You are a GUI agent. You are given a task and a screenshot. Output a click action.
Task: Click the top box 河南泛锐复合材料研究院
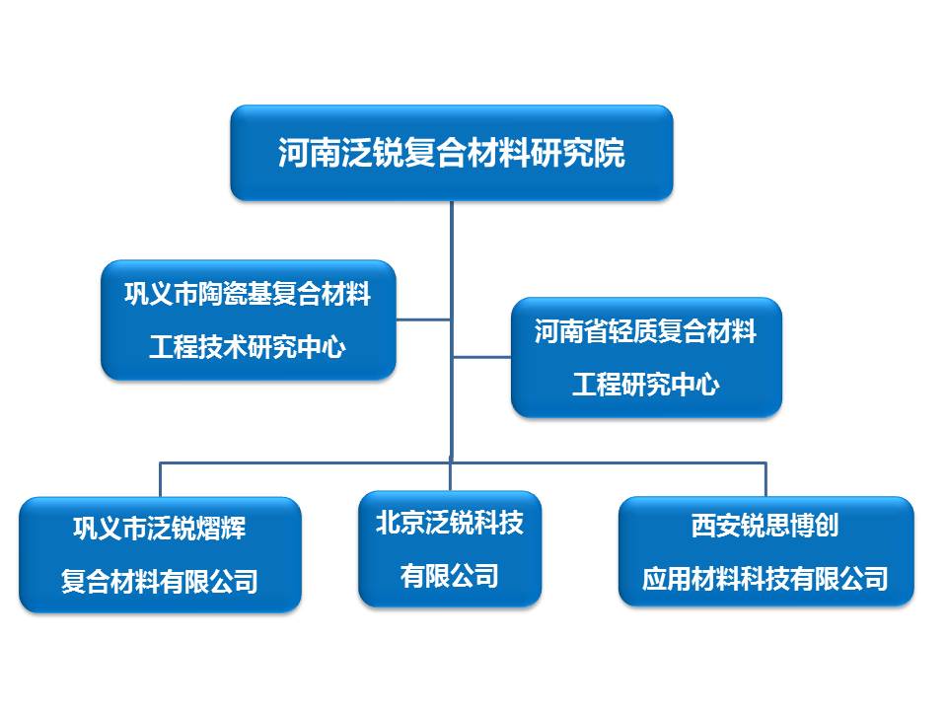point(451,153)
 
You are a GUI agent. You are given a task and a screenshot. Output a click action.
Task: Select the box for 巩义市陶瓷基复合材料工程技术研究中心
point(248,319)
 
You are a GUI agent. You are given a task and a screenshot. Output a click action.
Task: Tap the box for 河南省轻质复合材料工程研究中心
point(646,357)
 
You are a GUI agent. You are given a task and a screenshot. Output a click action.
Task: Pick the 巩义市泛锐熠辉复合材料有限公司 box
point(160,554)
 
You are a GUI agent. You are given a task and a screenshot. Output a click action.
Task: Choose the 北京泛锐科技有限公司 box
point(450,548)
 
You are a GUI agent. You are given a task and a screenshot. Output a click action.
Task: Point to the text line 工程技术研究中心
point(248,347)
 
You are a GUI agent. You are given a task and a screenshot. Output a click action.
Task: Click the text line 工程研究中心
point(646,385)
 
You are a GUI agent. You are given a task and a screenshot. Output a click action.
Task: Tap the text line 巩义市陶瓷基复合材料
point(248,294)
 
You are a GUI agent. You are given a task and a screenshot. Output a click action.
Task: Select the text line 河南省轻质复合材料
point(646,331)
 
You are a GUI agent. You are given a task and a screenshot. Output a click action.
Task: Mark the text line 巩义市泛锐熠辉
point(160,529)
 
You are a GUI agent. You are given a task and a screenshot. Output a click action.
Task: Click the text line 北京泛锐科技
point(450,523)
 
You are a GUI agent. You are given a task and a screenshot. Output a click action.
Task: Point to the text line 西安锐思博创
point(765,526)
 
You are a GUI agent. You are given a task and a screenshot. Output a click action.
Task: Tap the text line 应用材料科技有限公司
point(765,578)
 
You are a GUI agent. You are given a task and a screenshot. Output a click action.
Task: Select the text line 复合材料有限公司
point(160,581)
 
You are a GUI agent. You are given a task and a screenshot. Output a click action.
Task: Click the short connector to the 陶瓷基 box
point(423,319)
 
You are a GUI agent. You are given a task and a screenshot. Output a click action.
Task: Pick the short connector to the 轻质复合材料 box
point(481,357)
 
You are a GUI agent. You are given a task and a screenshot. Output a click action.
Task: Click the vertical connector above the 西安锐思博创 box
point(765,479)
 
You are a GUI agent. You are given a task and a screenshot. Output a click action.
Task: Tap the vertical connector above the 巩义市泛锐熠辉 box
point(160,479)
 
